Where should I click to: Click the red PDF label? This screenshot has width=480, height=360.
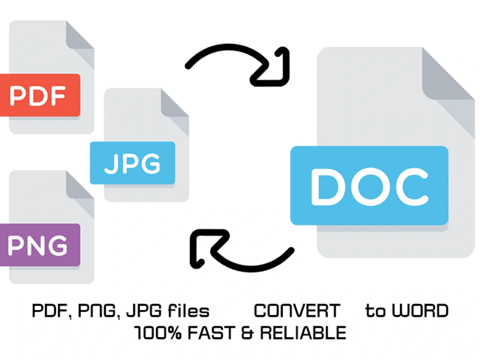[x=40, y=95]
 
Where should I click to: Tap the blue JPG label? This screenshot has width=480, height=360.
[x=132, y=163]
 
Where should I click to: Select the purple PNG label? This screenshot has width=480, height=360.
[x=40, y=245]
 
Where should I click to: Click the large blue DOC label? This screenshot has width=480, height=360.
[x=369, y=185]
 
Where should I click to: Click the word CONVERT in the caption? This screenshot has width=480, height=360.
[x=297, y=311]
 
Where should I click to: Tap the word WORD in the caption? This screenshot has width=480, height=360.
[x=420, y=311]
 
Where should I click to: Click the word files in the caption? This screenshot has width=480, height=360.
[x=189, y=311]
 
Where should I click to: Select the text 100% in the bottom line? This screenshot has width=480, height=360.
[x=158, y=333]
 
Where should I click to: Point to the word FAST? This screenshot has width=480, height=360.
[x=211, y=333]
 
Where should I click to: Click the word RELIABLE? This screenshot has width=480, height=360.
[x=303, y=333]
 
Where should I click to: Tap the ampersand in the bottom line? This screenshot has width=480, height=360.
[x=247, y=333]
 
